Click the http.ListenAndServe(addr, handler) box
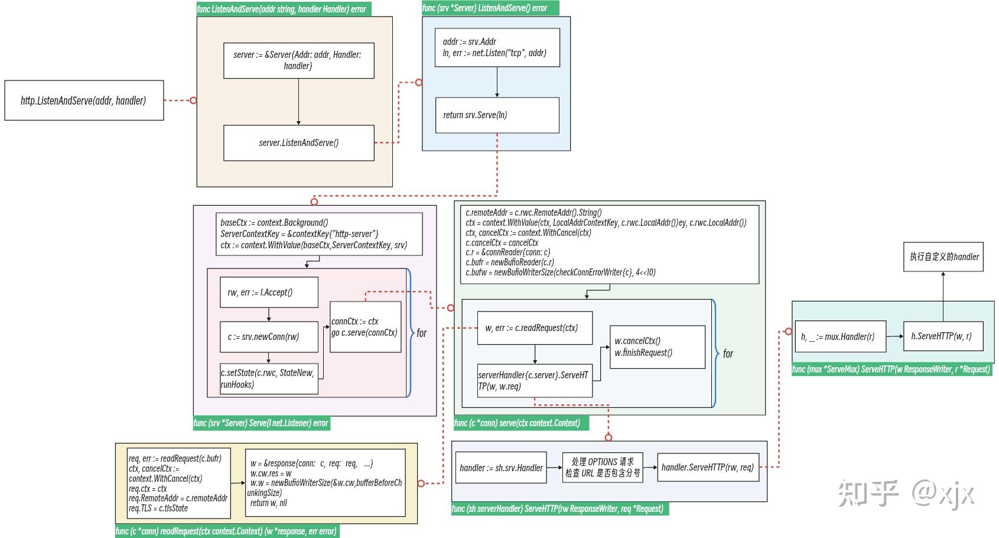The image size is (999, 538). pyautogui.click(x=84, y=101)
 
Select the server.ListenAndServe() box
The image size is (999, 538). pyautogui.click(x=298, y=142)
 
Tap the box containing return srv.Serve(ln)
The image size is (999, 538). pyautogui.click(x=497, y=115)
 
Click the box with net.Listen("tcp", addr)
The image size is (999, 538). pyautogui.click(x=497, y=47)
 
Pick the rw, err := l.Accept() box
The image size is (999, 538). pyautogui.click(x=269, y=292)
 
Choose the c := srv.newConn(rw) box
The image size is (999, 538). pyautogui.click(x=269, y=336)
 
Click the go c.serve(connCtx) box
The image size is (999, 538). pyautogui.click(x=365, y=327)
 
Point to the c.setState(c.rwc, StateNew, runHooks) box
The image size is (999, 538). pyautogui.click(x=269, y=378)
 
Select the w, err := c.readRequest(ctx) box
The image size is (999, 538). pyautogui.click(x=535, y=328)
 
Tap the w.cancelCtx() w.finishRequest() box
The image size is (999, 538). pyautogui.click(x=657, y=347)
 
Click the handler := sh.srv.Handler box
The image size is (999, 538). pyautogui.click(x=501, y=468)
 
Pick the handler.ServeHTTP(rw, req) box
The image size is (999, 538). pyautogui.click(x=708, y=467)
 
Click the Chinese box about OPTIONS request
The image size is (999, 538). pyautogui.click(x=602, y=467)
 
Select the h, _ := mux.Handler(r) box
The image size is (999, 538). pyautogui.click(x=840, y=336)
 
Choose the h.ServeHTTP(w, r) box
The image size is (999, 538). pyautogui.click(x=943, y=336)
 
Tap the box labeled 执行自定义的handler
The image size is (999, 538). pyautogui.click(x=943, y=257)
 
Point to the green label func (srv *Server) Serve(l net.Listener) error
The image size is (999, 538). pyautogui.click(x=261, y=423)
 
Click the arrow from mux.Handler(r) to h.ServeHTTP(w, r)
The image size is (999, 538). pyautogui.click(x=894, y=336)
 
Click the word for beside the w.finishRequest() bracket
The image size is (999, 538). pyautogui.click(x=728, y=354)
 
